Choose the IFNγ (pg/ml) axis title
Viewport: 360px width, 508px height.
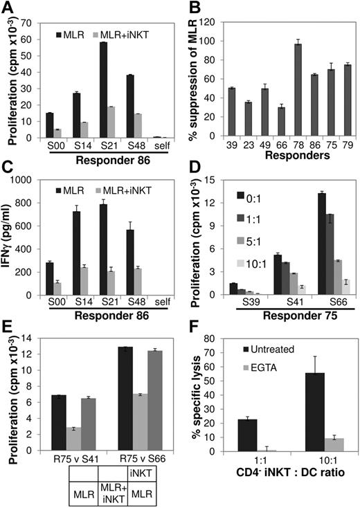pos(9,236)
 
